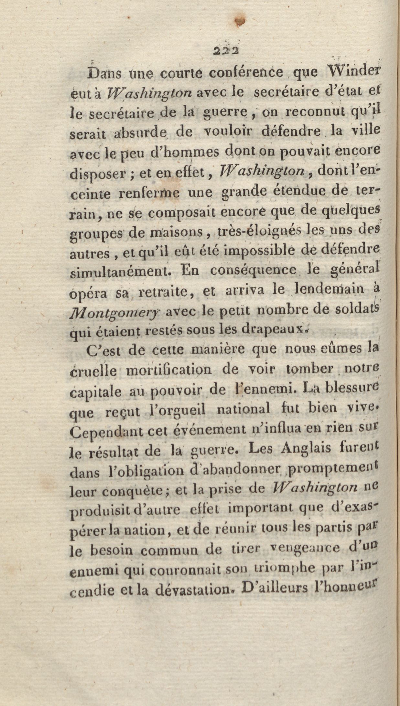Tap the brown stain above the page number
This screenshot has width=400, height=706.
tap(240, 21)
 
